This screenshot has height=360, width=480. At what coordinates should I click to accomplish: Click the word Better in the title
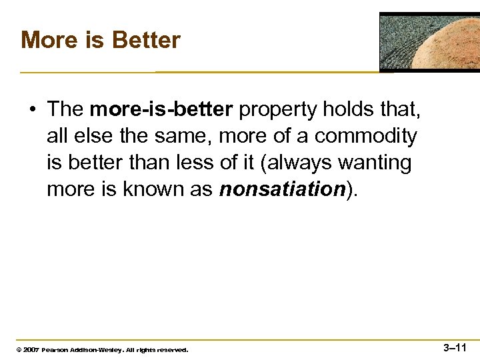click(x=146, y=40)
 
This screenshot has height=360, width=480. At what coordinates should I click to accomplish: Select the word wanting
click(x=379, y=163)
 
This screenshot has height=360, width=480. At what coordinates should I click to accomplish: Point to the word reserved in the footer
click(x=171, y=349)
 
